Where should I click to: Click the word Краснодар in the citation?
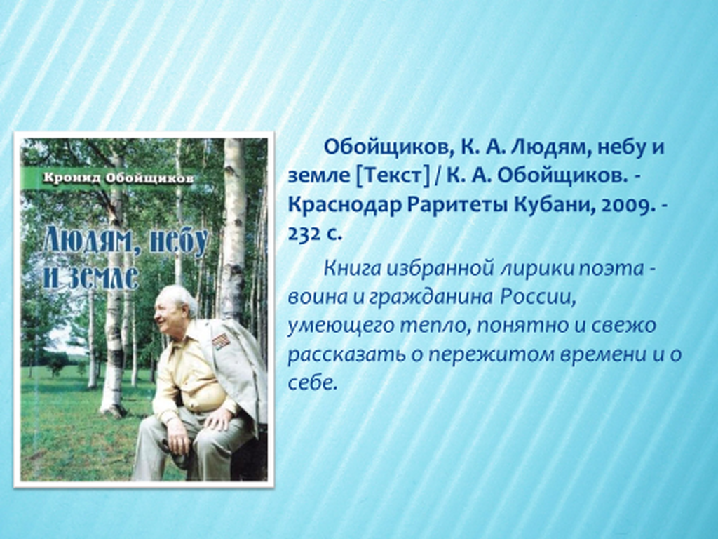(344, 205)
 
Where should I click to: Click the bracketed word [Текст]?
(393, 176)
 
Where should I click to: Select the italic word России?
(537, 297)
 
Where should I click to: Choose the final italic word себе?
(312, 383)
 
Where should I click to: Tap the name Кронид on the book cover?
(72, 178)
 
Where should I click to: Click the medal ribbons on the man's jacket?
(221, 341)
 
